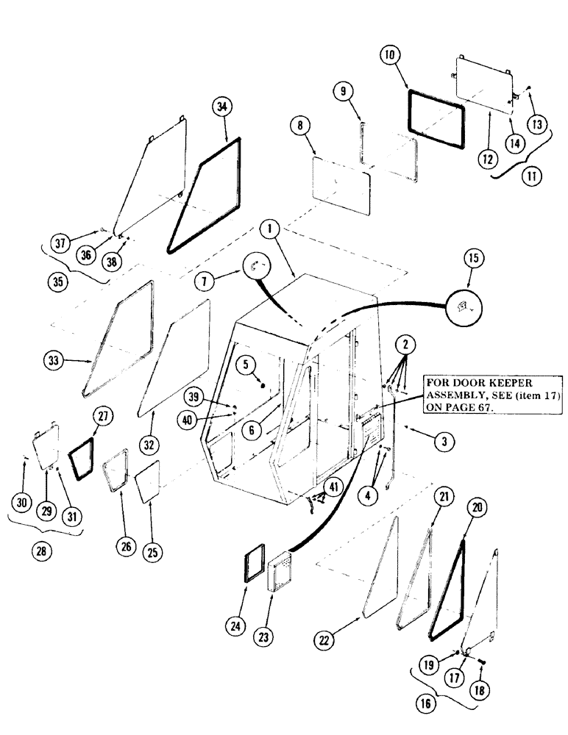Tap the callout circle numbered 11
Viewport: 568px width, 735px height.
[x=530, y=177]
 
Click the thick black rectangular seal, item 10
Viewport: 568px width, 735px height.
[x=437, y=118]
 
